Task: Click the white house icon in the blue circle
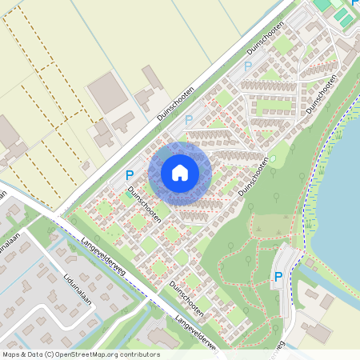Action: pos(180,172)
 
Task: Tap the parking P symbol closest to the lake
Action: pos(278,277)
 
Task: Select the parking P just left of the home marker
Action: pos(130,175)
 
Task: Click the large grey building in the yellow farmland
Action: pos(106,92)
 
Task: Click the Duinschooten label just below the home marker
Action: pos(145,205)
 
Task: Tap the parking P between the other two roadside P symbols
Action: pos(189,120)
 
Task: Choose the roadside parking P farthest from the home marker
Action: pos(247,66)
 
